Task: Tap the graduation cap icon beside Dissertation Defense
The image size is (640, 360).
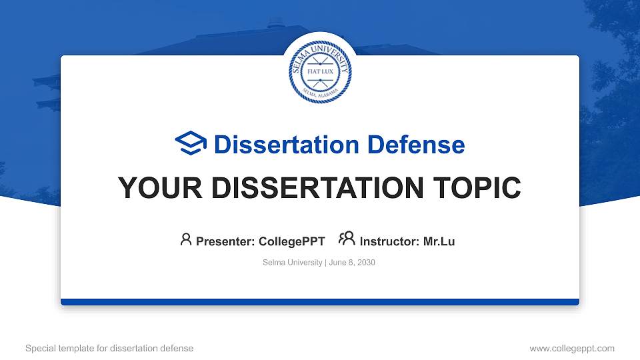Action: (191, 144)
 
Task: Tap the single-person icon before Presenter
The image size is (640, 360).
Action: (186, 239)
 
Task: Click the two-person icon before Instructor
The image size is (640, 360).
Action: (347, 239)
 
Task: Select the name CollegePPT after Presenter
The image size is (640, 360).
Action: (291, 241)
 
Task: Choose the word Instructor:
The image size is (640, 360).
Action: (390, 241)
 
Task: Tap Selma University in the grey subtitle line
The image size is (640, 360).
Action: (293, 263)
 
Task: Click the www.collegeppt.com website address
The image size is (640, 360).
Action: (571, 348)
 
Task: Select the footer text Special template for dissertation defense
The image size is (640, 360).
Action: (109, 348)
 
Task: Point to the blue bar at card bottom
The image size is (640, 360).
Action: (320, 302)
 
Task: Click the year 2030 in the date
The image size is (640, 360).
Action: (366, 263)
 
